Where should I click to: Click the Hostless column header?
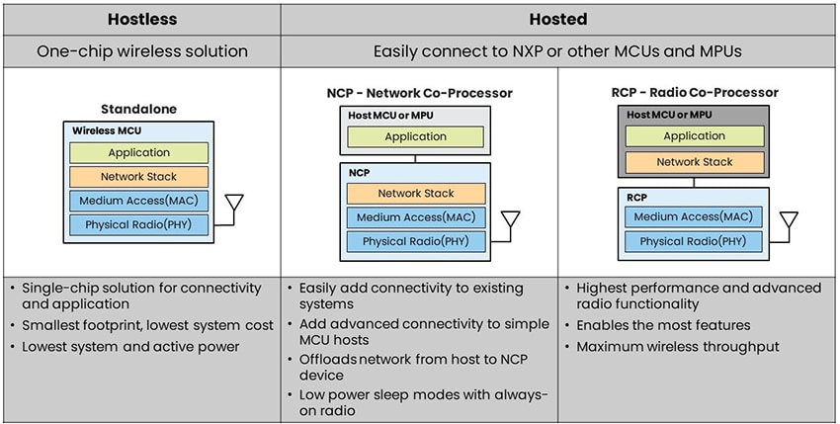coord(140,19)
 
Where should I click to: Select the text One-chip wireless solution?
coord(140,51)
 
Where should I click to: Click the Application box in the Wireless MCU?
coord(138,153)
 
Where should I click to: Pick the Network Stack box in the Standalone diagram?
coord(138,177)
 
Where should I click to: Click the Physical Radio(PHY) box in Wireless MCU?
coord(138,225)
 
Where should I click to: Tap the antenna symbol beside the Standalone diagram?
coord(235,206)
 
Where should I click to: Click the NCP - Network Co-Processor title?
coord(418,93)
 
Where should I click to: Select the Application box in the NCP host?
coord(416,137)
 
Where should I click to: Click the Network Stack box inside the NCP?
coord(416,194)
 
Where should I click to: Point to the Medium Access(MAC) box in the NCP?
coord(416,217)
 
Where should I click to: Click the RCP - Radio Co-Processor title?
coord(694,93)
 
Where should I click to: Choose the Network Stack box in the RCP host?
coord(694,162)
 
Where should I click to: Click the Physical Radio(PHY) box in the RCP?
coord(693,241)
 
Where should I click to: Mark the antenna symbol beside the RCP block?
coord(788,221)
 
